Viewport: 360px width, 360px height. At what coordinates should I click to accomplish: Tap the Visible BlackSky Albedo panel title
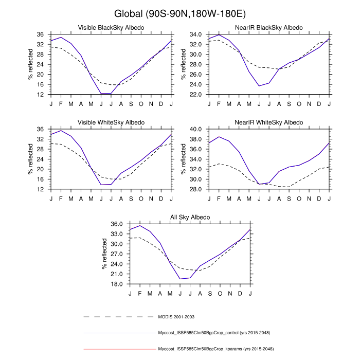pos(111,27)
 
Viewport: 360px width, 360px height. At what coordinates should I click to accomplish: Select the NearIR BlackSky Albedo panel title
pos(269,27)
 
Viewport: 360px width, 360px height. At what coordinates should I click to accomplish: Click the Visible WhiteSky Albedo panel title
pos(111,122)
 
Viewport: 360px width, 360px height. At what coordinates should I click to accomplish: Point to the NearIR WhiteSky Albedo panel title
pos(269,122)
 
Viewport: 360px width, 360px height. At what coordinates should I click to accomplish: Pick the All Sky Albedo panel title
pos(190,218)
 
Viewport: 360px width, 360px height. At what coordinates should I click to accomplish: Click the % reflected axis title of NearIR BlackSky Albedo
pos(183,64)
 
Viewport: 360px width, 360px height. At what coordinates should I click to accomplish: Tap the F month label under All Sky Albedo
pos(140,293)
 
